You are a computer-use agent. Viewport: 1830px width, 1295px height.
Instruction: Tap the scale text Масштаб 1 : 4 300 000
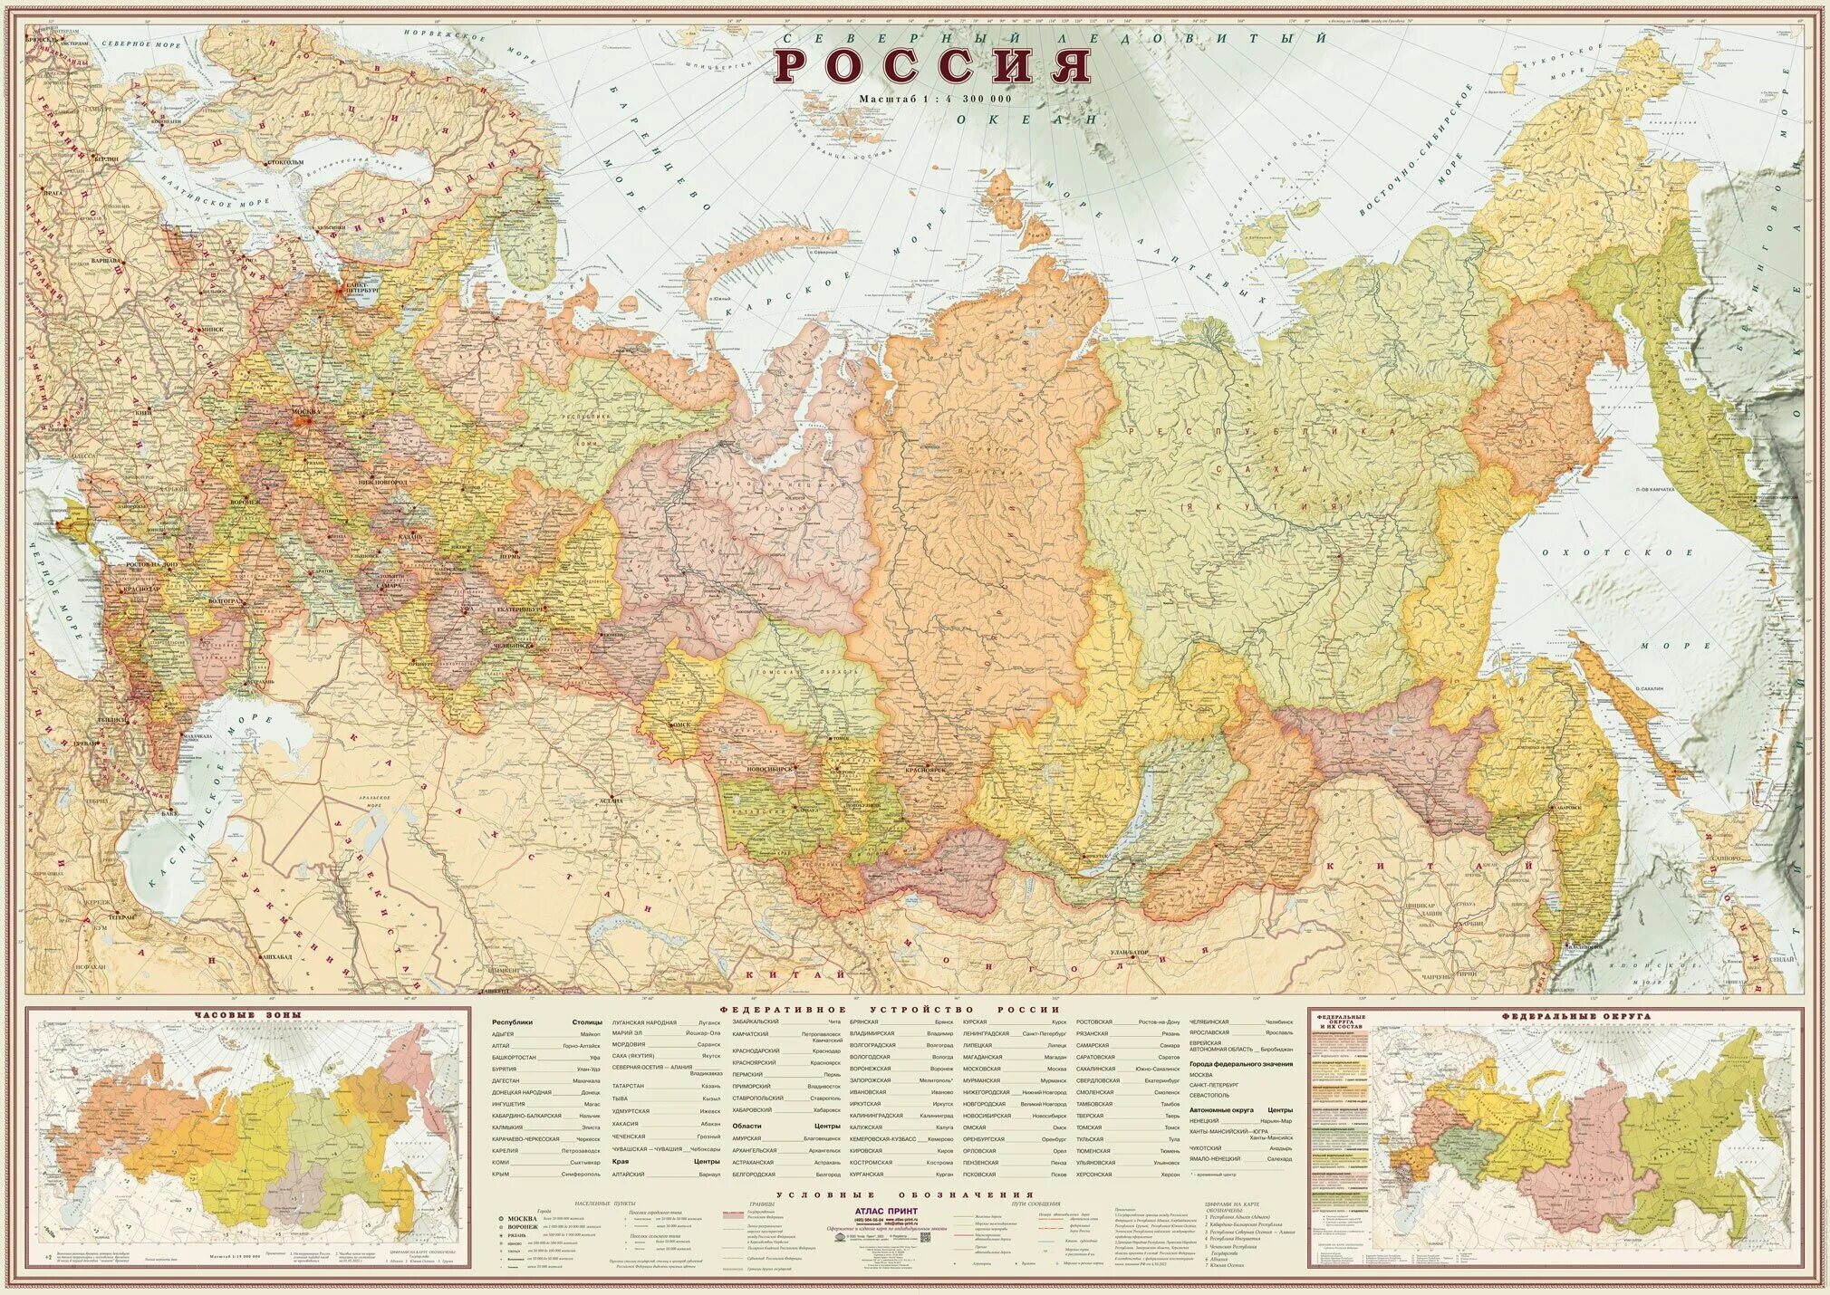(x=936, y=98)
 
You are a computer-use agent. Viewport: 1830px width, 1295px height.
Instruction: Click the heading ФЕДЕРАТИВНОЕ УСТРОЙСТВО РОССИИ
(x=890, y=1009)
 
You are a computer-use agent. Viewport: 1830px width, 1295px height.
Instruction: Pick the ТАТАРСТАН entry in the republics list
(x=628, y=1085)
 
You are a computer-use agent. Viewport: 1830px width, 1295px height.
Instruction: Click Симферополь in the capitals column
(x=580, y=1174)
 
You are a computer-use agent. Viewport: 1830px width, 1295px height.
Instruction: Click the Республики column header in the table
(x=513, y=1022)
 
